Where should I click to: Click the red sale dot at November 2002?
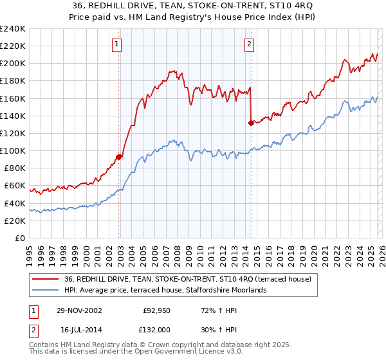(119, 156)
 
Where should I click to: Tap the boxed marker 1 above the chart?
(117, 44)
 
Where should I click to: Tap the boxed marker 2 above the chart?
(249, 44)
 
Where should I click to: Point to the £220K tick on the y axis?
(13, 46)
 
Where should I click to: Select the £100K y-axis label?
(13, 150)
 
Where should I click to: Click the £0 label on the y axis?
(20, 238)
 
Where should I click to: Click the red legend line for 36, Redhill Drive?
(46, 279)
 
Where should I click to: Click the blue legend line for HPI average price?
(46, 290)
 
